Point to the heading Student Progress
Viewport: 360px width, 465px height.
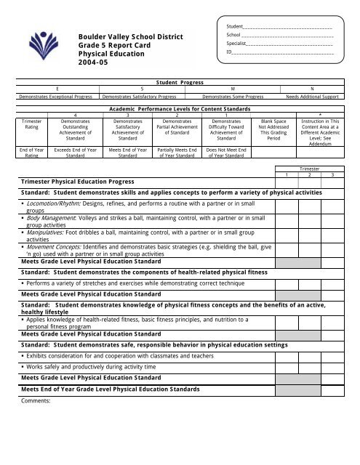tap(179, 84)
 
